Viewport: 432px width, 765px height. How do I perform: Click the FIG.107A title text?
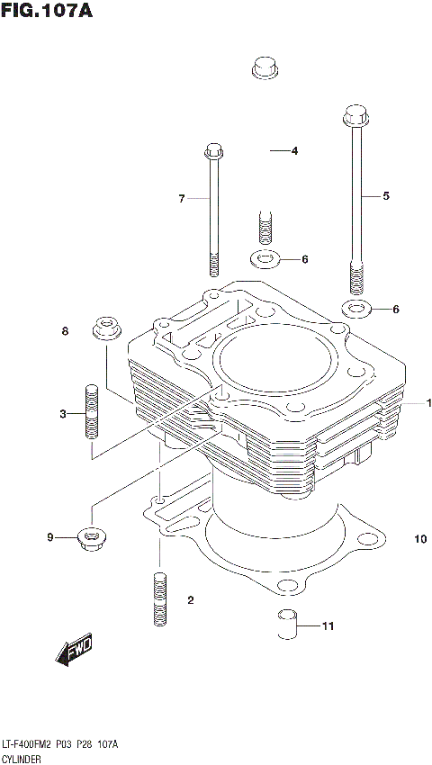click(47, 12)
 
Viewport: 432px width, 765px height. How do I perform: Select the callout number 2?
click(191, 599)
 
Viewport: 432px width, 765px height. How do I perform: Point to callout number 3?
click(64, 414)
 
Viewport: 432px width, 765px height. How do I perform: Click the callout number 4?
click(293, 151)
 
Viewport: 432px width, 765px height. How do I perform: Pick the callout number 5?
click(386, 195)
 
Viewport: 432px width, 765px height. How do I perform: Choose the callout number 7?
click(181, 198)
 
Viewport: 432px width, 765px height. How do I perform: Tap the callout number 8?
click(65, 332)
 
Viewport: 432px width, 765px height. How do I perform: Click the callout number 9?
click(51, 538)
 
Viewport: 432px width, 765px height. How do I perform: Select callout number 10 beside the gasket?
click(419, 539)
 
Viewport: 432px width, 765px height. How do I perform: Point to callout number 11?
click(328, 625)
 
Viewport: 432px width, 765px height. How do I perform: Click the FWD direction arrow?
click(74, 651)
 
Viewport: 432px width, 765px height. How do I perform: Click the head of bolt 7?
click(213, 150)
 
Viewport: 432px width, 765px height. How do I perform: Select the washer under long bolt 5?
click(357, 310)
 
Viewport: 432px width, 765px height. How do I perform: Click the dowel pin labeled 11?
click(286, 623)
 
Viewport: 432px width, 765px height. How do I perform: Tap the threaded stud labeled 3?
click(91, 411)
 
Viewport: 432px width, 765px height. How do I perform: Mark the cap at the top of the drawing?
click(264, 67)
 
